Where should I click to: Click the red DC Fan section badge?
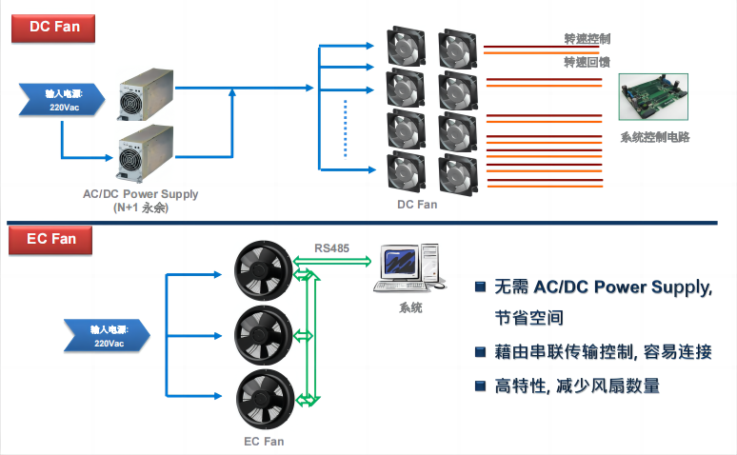(x=53, y=27)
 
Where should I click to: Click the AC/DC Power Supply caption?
(x=140, y=194)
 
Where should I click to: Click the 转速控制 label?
(x=587, y=39)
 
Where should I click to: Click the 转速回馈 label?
(x=587, y=62)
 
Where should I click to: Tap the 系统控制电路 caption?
(x=654, y=137)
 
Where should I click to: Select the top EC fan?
(x=264, y=271)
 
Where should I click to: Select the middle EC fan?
(x=264, y=334)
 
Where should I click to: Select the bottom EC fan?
(x=264, y=398)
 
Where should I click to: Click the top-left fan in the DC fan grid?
(x=407, y=48)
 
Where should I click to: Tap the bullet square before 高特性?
(x=480, y=386)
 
